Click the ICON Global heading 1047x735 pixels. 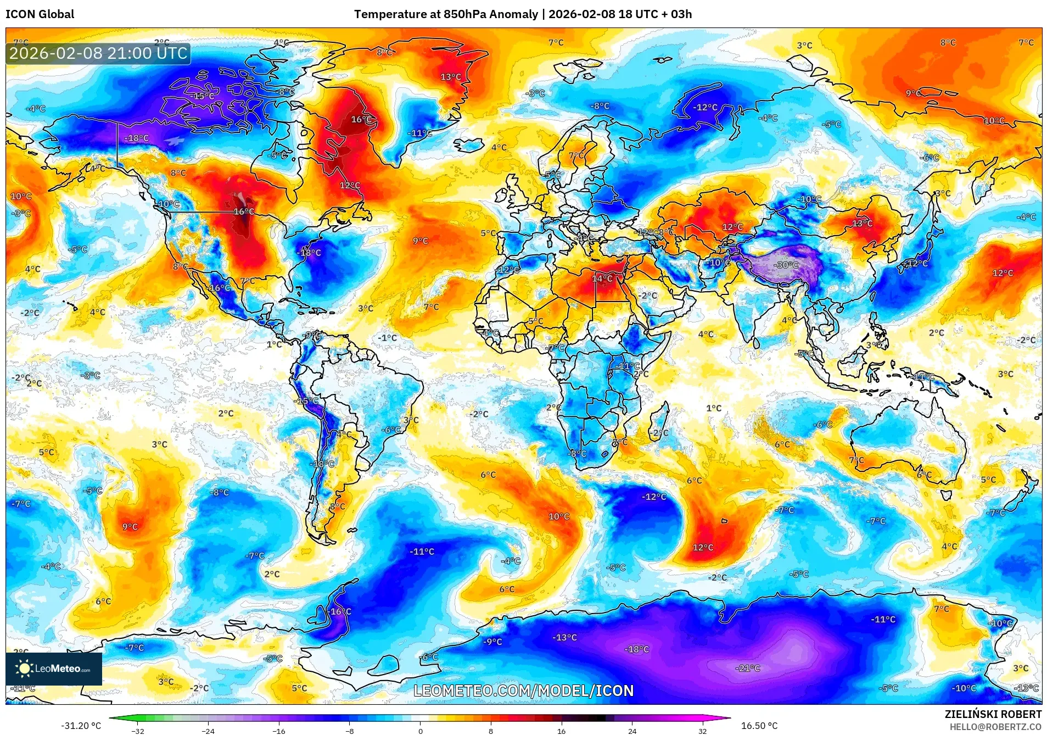tap(40, 14)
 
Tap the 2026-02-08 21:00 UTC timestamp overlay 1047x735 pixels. tap(99, 53)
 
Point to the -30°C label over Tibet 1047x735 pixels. tap(786, 265)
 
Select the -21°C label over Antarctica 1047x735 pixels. tap(747, 668)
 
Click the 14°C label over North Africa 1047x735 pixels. tap(602, 279)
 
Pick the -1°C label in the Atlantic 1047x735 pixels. tap(387, 337)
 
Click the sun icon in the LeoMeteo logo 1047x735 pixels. tap(24, 668)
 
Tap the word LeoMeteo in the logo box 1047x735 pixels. tap(58, 669)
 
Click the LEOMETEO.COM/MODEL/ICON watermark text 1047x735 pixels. tap(523, 691)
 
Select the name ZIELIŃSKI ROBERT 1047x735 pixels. tap(993, 714)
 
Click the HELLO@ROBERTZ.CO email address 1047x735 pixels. tap(995, 727)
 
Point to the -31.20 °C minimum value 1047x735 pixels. tap(81, 726)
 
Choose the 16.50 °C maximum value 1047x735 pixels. tap(759, 726)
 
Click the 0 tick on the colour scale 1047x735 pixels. tap(421, 731)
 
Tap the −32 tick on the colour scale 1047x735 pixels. tap(137, 731)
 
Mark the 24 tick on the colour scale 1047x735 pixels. tap(632, 731)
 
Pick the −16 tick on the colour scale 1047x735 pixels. tap(279, 731)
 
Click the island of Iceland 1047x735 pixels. tap(468, 144)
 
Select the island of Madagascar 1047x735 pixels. tap(659, 423)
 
